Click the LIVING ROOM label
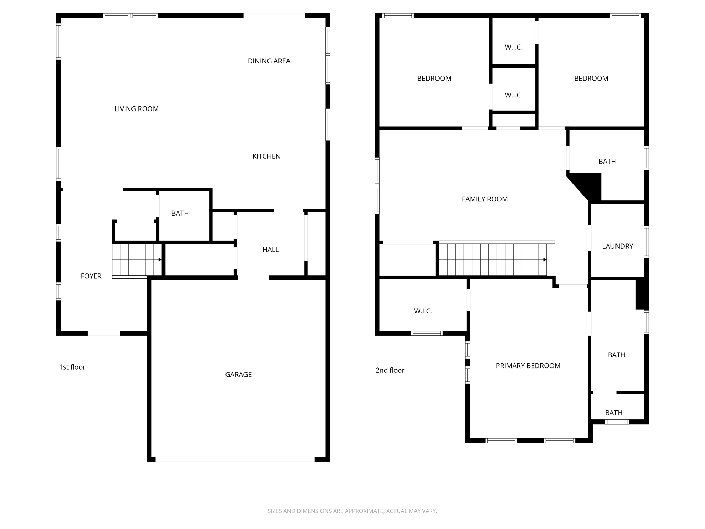coord(136,109)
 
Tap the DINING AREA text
coord(269,61)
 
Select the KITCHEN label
coord(266,156)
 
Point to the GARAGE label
coord(238,374)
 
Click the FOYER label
coord(91,276)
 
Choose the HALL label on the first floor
coord(271,250)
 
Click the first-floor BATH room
coord(180,213)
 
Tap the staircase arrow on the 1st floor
coord(160,260)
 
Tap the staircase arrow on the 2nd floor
coord(545,260)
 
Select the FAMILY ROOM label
coord(485,199)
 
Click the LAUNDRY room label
coord(617,246)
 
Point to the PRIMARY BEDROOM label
coord(528,366)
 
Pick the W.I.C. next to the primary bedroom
coord(423,311)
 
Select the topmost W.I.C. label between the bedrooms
coord(514,47)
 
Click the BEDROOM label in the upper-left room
coord(434,78)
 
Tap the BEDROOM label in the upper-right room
coord(591,78)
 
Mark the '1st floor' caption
coord(72,367)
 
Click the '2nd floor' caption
coord(390,370)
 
